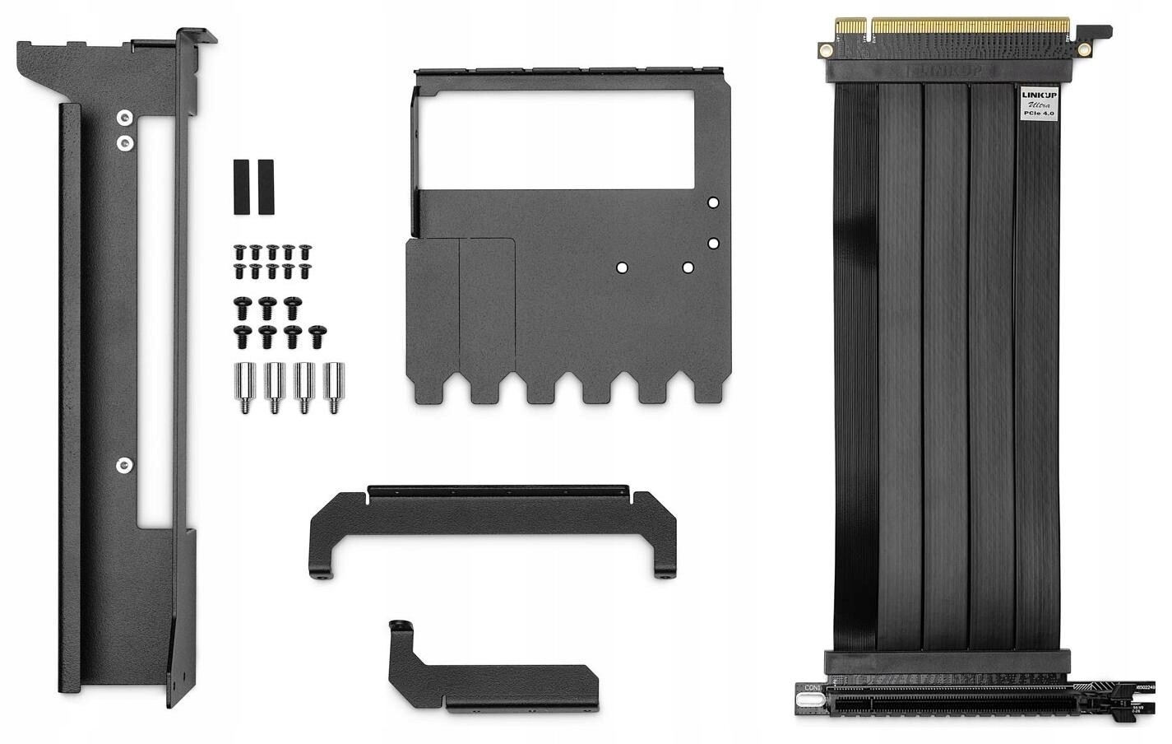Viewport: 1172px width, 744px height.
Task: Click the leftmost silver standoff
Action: [x=244, y=387]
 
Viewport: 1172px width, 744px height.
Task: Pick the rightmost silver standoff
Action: [x=334, y=387]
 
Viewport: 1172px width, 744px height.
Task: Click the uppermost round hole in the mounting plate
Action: [x=713, y=202]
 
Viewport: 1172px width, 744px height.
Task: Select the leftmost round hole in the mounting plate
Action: [x=623, y=267]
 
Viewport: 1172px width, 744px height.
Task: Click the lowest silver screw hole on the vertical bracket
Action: [x=123, y=465]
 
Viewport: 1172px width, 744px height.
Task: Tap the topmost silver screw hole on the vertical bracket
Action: [x=123, y=117]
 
